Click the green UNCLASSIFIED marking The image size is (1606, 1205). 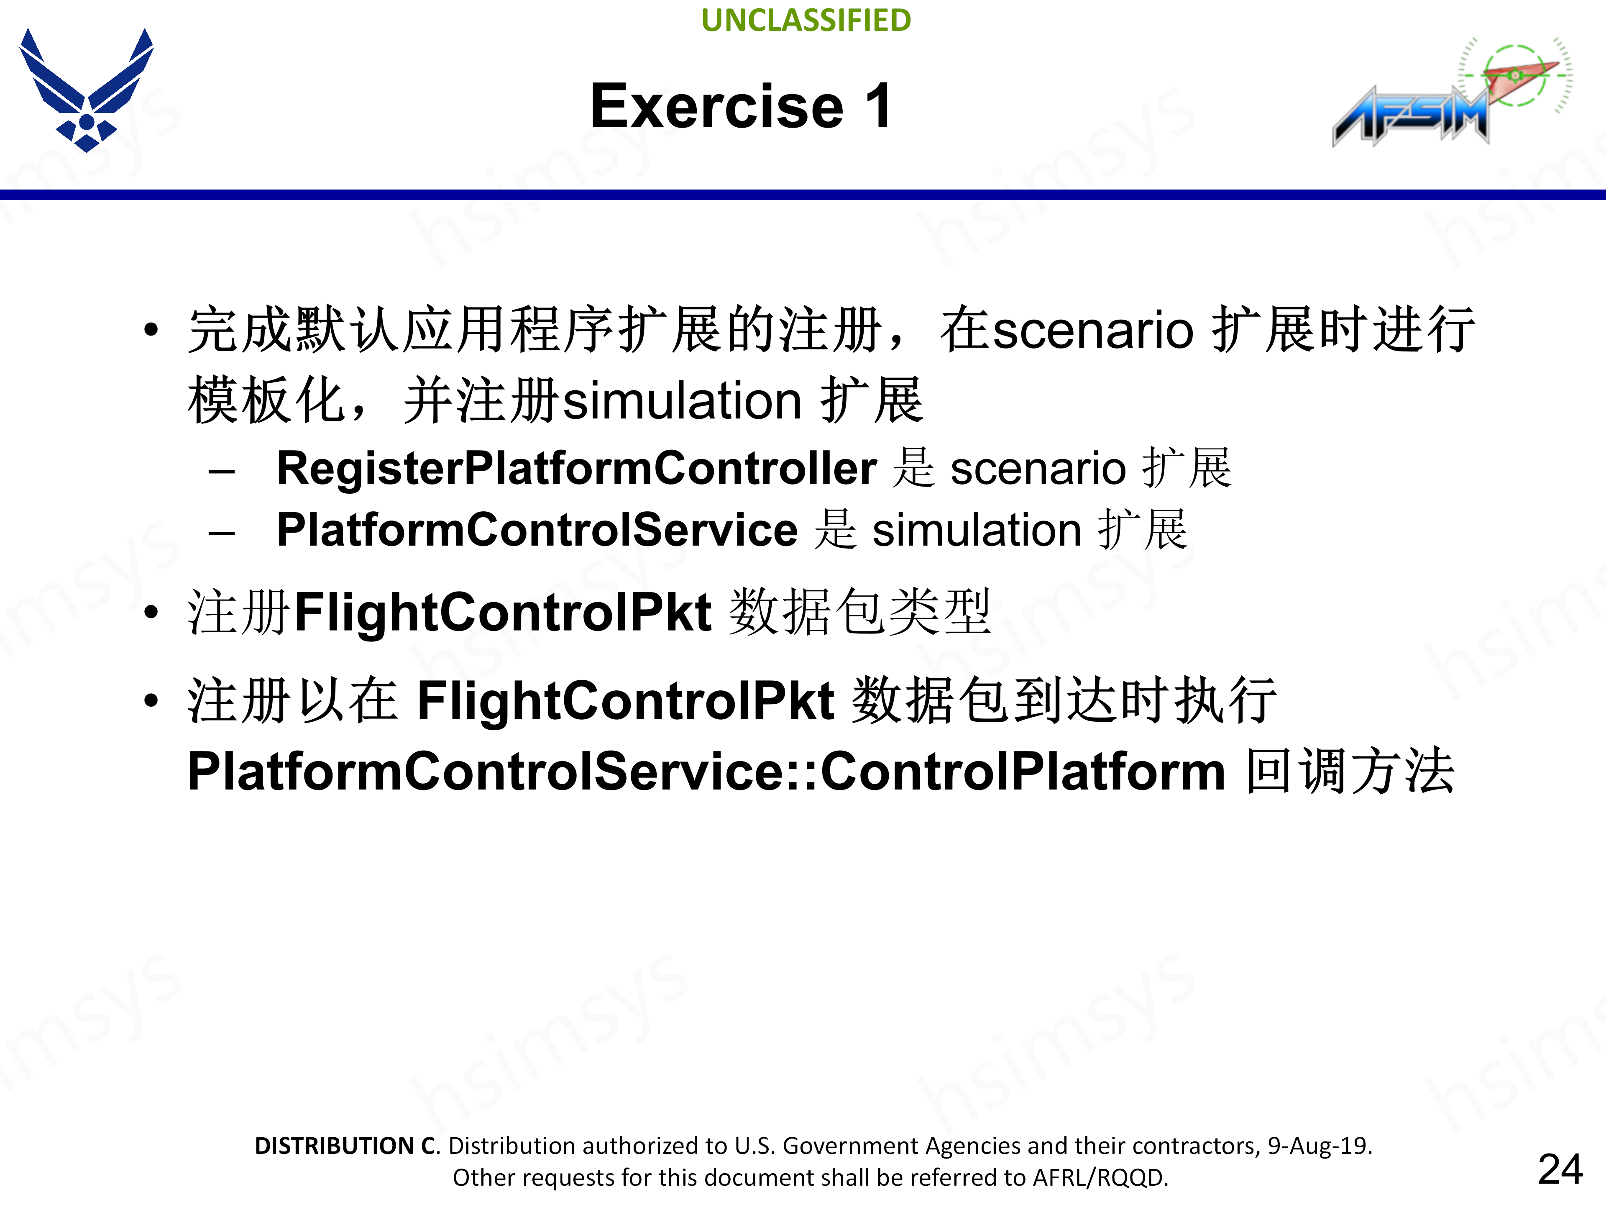(806, 21)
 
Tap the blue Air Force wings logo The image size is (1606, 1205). (87, 90)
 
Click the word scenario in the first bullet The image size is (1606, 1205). (1093, 331)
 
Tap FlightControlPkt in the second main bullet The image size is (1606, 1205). (502, 612)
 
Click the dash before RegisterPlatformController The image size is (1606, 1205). (221, 472)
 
